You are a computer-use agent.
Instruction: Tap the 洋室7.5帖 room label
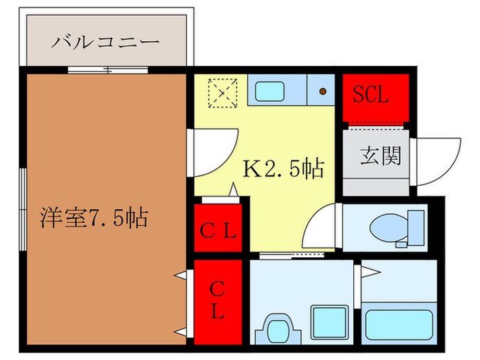click(93, 218)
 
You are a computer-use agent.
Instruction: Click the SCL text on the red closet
click(371, 95)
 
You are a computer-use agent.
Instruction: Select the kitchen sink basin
click(274, 90)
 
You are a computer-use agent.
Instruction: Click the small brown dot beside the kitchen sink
click(323, 90)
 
